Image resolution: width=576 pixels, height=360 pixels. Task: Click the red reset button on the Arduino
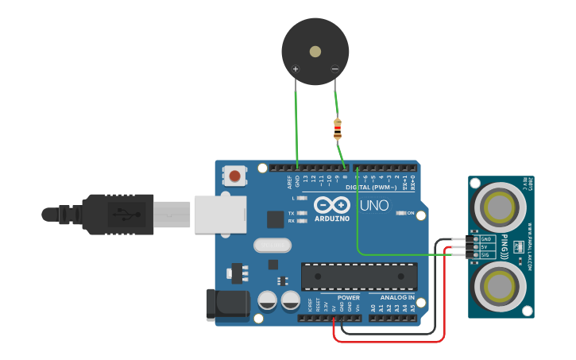click(x=235, y=175)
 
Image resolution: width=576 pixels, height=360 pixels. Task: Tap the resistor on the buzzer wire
click(x=338, y=127)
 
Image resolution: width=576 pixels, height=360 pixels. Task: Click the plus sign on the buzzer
click(x=296, y=70)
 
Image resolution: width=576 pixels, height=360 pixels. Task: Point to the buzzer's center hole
click(x=315, y=52)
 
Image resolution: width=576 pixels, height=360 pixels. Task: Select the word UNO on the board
click(x=374, y=206)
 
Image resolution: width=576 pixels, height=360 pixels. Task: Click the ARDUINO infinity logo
click(x=332, y=205)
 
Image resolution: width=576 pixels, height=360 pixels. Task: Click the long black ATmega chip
click(x=359, y=276)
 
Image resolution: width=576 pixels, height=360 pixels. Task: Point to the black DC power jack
click(x=226, y=305)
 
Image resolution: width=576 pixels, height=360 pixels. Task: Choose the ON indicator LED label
click(x=410, y=213)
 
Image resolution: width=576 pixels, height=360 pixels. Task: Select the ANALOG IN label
click(x=396, y=298)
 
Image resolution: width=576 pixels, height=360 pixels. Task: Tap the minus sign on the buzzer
click(x=334, y=69)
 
